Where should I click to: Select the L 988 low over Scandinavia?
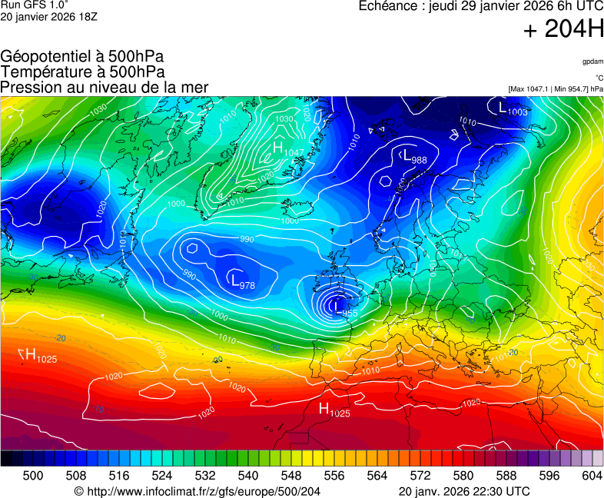click(414, 157)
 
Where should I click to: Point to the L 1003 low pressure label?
click(513, 109)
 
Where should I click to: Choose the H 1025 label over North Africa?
click(334, 410)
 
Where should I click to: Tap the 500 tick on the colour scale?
click(32, 476)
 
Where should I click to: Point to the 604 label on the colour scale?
click(592, 476)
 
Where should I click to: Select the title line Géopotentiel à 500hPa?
click(82, 57)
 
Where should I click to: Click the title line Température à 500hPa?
click(82, 71)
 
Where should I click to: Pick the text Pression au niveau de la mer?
click(105, 87)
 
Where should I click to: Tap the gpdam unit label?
click(592, 61)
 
